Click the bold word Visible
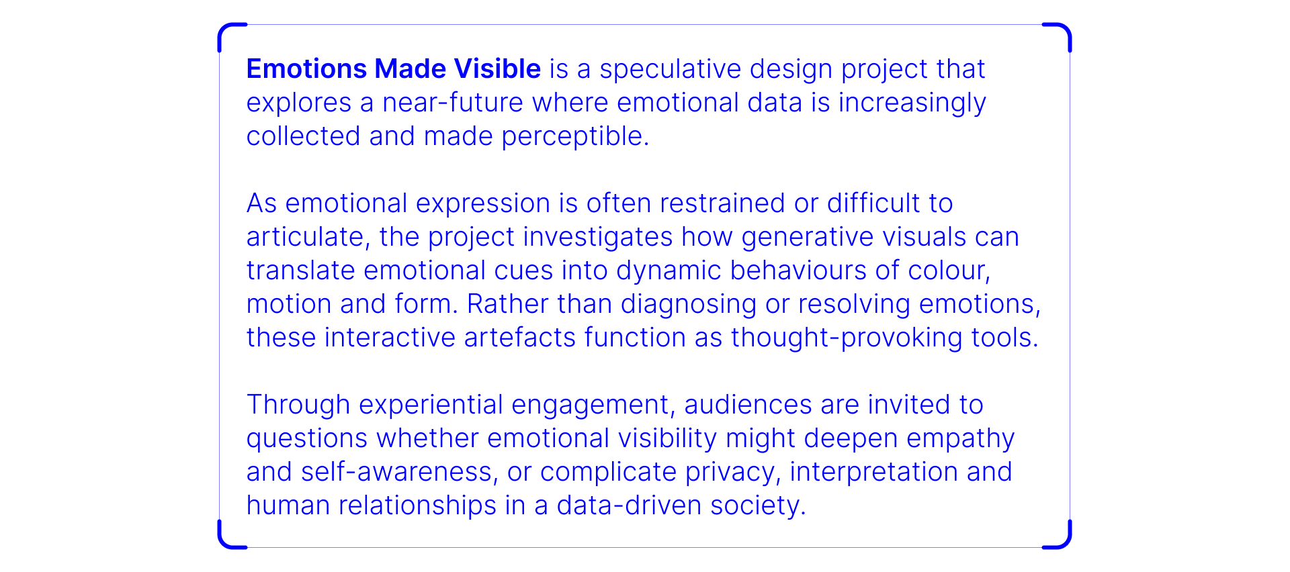click(497, 68)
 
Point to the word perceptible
click(575, 137)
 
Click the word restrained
click(722, 203)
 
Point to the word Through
click(298, 406)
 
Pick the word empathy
click(961, 439)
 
